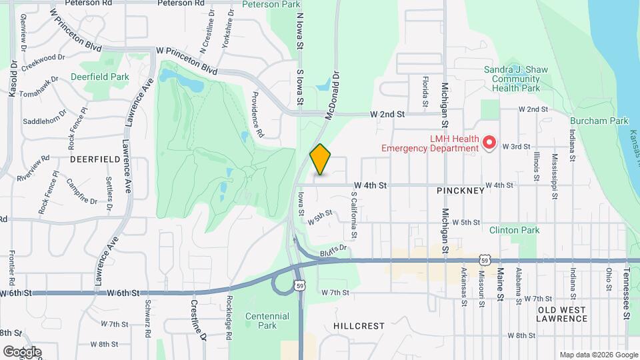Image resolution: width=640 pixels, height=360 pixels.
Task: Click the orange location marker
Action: pos(320,159)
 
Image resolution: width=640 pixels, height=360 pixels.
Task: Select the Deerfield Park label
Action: pos(100,77)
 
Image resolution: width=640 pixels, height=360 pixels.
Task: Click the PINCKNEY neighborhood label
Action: pos(461,191)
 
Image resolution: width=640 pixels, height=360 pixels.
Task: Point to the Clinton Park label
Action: pos(513,231)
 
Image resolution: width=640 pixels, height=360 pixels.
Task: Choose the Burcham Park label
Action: pos(599,121)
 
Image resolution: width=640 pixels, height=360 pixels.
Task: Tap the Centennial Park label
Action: pos(267,321)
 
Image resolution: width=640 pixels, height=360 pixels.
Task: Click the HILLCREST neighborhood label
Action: pos(359,326)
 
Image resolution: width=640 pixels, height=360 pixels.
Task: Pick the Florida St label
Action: pos(425,92)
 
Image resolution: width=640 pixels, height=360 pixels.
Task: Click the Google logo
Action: pos(22,351)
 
